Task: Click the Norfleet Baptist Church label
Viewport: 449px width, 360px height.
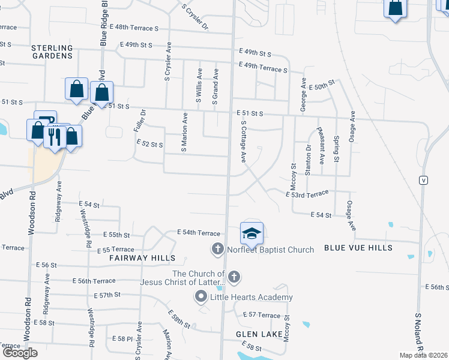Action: tap(270, 250)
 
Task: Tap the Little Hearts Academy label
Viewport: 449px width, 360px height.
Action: tap(250, 297)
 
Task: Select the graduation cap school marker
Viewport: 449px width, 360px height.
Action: tap(252, 233)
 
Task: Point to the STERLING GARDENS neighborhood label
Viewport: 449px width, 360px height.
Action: tap(52, 52)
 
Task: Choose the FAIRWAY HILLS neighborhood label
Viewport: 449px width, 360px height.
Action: tap(142, 258)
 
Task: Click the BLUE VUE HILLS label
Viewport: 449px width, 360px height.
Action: tap(358, 248)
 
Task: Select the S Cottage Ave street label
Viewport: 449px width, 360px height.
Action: tap(244, 142)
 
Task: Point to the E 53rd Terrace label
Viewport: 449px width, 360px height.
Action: tap(307, 194)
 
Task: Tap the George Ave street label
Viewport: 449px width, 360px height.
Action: tap(304, 95)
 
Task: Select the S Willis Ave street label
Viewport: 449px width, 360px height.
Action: tap(199, 87)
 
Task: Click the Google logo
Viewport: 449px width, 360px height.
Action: tap(20, 353)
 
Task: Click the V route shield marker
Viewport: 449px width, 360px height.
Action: tap(424, 180)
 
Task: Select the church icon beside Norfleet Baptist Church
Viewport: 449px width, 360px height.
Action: tap(218, 248)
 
